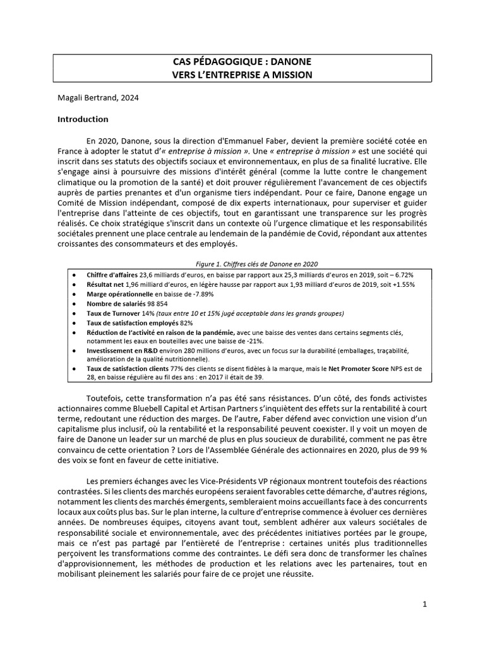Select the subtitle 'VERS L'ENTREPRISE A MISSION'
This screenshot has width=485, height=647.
pyautogui.click(x=242, y=75)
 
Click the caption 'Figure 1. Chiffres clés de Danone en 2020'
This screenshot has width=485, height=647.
pyautogui.click(x=242, y=264)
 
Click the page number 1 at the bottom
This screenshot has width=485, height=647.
pyautogui.click(x=425, y=604)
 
